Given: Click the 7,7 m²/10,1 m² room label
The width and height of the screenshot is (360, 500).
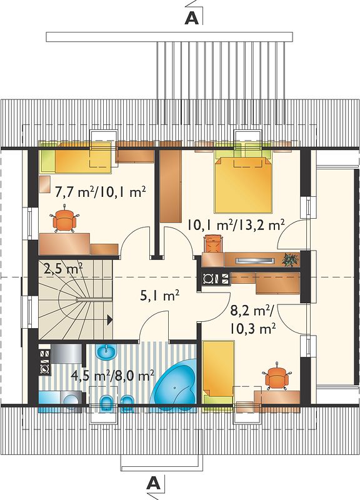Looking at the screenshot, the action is click(101, 192).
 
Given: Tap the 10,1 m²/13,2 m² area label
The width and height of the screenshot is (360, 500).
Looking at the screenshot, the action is click(236, 226).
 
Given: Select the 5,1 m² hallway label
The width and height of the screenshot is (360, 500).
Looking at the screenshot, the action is click(159, 296).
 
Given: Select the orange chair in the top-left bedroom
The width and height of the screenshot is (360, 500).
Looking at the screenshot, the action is click(64, 219).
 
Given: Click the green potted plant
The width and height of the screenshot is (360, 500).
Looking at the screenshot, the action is click(291, 259).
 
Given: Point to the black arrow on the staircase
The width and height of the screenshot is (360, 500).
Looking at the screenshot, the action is click(109, 319).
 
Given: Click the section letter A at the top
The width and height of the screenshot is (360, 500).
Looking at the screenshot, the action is click(192, 19).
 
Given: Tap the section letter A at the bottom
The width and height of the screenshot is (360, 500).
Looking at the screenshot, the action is click(153, 483).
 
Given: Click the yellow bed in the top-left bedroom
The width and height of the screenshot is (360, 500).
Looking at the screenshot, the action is click(75, 157).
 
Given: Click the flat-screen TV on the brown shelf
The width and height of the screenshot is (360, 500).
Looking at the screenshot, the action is click(255, 261).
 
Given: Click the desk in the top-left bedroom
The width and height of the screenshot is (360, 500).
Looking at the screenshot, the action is click(64, 244).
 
